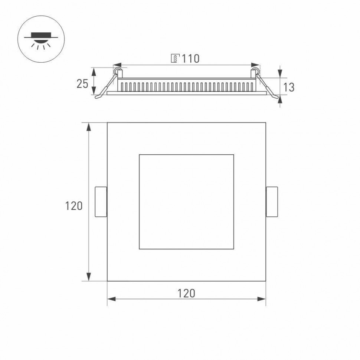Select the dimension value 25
click(x=82, y=84)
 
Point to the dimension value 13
click(x=289, y=87)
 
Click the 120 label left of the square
click(x=74, y=206)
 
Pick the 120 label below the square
click(x=186, y=293)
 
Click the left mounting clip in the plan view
click(x=101, y=202)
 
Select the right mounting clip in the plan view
click(x=272, y=202)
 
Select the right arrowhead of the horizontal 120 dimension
click(x=262, y=298)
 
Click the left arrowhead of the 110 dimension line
click(x=116, y=64)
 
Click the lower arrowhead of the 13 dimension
click(x=279, y=99)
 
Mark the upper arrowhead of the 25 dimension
click(x=94, y=71)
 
